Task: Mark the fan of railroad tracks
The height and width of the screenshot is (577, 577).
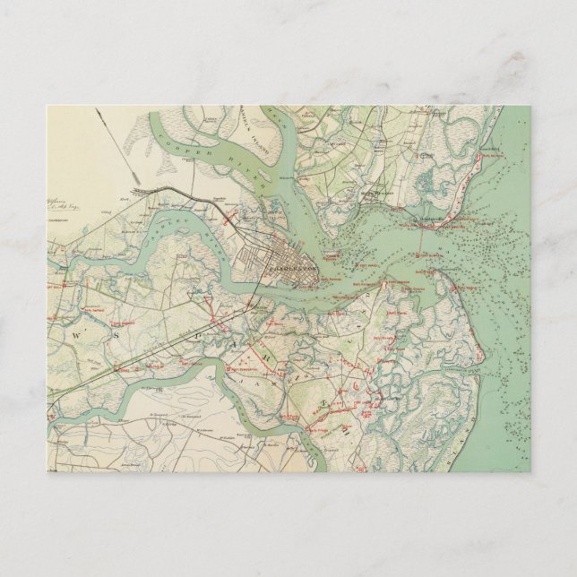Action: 143,191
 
